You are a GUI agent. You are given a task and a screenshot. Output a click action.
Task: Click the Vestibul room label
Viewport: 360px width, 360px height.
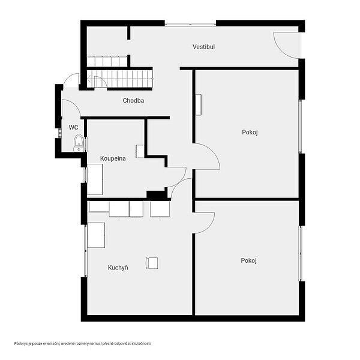(203, 47)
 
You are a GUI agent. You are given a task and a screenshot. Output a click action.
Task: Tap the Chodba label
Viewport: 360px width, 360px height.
(133, 100)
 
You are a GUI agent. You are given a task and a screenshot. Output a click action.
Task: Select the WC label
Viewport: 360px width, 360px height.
(73, 127)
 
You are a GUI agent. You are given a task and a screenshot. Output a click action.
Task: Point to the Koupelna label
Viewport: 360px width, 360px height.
(113, 158)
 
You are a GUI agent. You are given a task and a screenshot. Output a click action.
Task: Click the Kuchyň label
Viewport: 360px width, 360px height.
(118, 268)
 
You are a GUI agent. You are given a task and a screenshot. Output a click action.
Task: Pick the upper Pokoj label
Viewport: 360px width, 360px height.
(250, 132)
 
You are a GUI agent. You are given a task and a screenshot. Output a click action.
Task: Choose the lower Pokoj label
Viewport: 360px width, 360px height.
(248, 260)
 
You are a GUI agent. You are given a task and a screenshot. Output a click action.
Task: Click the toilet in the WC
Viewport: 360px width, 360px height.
(79, 142)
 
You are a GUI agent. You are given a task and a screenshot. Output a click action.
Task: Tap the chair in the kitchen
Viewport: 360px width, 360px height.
(152, 263)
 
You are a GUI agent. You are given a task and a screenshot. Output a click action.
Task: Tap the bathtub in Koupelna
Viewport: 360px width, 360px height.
(95, 179)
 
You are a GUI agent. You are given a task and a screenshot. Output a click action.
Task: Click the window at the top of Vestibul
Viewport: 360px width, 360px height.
(190, 23)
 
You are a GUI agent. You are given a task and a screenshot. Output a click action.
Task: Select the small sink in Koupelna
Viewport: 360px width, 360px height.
(140, 151)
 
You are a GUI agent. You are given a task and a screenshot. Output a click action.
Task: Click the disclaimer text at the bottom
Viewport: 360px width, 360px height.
(83, 343)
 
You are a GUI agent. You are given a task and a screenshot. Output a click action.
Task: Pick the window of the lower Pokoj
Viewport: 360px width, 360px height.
(300, 253)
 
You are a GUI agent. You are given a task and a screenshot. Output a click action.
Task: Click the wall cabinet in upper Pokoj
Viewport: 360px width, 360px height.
(199, 104)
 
